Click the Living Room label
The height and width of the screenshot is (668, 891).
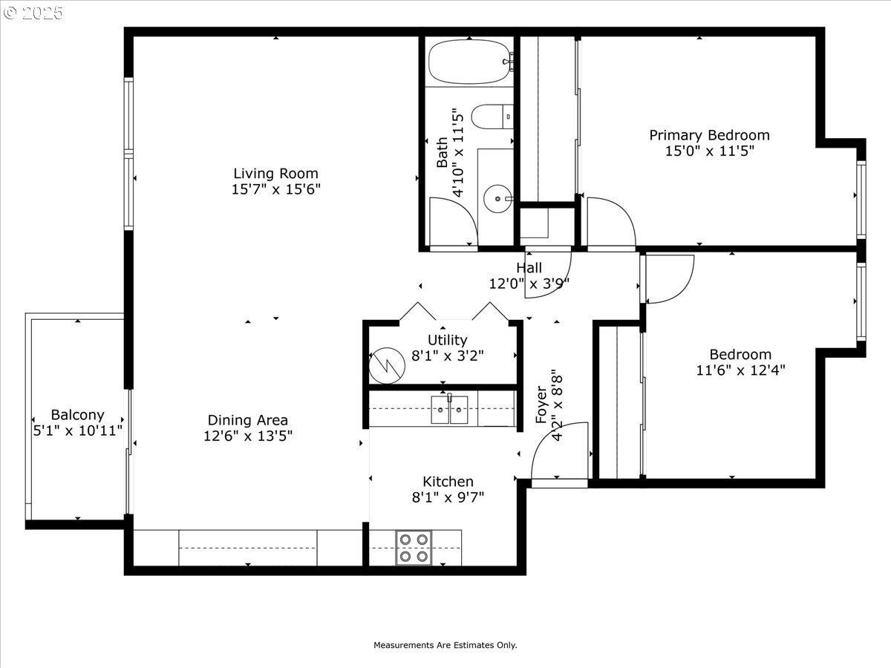coord(275,174)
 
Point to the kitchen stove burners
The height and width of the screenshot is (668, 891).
coord(414,548)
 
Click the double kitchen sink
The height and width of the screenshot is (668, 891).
coord(449,410)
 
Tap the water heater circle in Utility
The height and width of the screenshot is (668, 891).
coord(385,361)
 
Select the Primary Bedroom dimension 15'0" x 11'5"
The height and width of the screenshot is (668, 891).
coord(709,151)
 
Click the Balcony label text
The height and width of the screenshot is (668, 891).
coord(77,415)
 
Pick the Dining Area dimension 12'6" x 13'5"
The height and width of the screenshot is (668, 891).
coord(248,436)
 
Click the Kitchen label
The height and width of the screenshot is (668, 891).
coord(448,482)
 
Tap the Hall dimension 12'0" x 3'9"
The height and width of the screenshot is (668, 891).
coord(529,283)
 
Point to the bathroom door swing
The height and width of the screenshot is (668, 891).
coord(453,223)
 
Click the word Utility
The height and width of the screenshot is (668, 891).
coord(447,340)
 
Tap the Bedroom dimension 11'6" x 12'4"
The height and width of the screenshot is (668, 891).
coord(740,370)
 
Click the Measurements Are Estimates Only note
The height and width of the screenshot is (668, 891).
coord(445,645)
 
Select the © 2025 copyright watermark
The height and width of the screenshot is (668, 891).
coord(33,13)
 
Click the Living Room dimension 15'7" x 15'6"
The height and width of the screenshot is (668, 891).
coord(275,190)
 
